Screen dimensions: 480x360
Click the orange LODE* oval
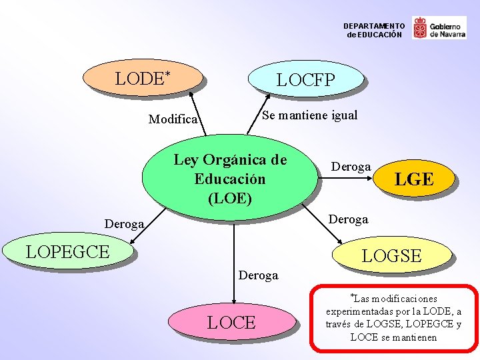pyautogui.click(x=143, y=78)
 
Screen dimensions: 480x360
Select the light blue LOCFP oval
pyautogui.click(x=306, y=81)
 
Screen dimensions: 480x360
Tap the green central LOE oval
pyautogui.click(x=229, y=178)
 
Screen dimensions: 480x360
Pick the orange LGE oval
pyautogui.click(x=414, y=179)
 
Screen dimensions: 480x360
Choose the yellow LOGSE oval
pyautogui.click(x=391, y=255)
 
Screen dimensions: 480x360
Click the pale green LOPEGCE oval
pyautogui.click(x=68, y=251)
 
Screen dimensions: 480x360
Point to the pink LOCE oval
pyautogui.click(x=231, y=323)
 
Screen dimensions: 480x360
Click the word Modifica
pyautogui.click(x=173, y=119)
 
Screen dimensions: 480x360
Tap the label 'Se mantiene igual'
pyautogui.click(x=309, y=115)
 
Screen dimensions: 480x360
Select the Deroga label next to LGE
pyautogui.click(x=351, y=166)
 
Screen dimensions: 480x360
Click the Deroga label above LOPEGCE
pyautogui.click(x=124, y=225)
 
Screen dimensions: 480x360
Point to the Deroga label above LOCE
pyautogui.click(x=258, y=275)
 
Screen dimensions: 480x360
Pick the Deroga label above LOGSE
pyautogui.click(x=348, y=219)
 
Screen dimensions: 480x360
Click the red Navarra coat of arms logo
pyautogui.click(x=420, y=28)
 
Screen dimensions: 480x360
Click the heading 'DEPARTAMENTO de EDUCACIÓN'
pyautogui.click(x=374, y=30)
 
